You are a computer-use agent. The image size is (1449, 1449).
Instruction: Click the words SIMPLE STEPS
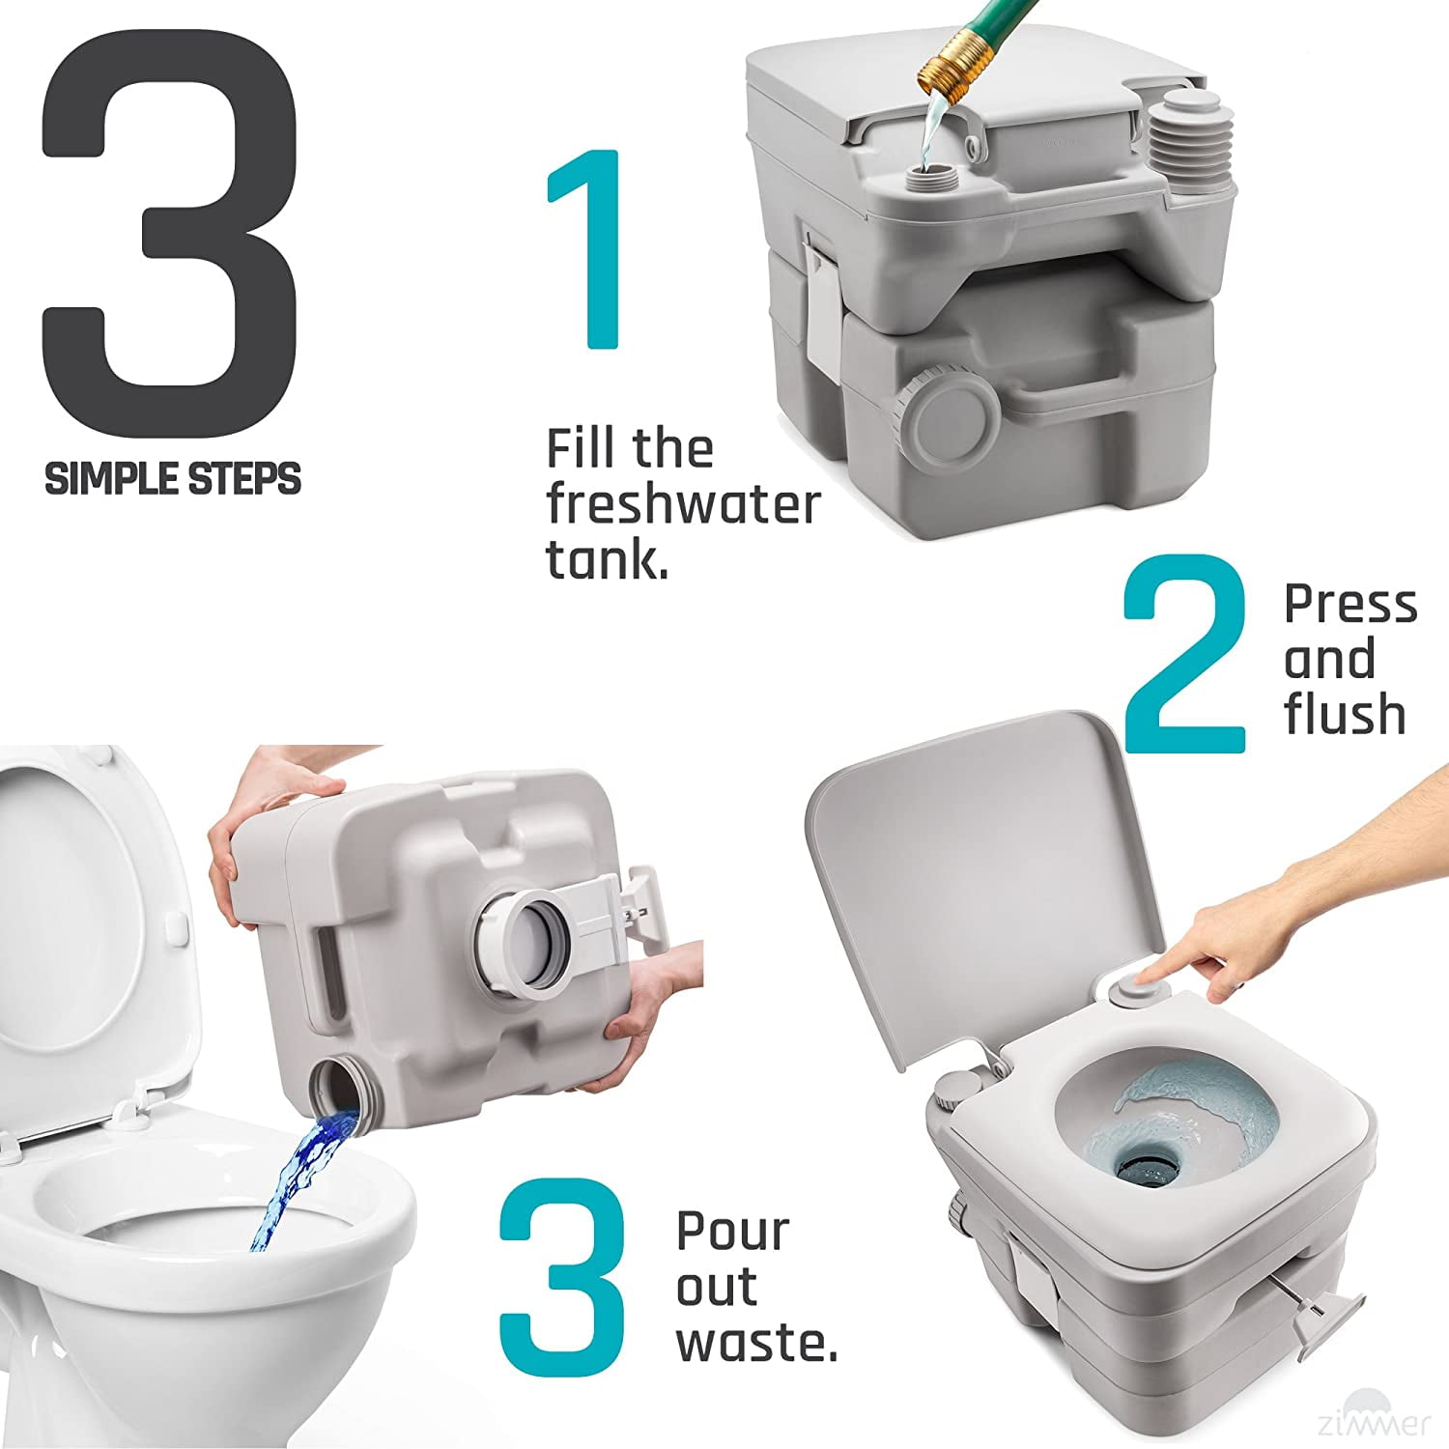173,479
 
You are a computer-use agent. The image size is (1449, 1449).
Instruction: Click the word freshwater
683,504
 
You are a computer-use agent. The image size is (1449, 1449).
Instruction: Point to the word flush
1344,714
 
